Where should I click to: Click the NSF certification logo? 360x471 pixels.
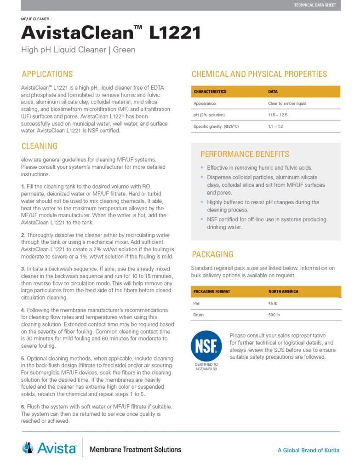(206, 346)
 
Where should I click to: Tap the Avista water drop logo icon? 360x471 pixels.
(28, 447)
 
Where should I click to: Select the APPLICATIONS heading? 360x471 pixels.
(47, 74)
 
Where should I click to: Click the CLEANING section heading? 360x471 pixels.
(40, 146)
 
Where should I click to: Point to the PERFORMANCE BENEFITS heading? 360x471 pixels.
(245, 154)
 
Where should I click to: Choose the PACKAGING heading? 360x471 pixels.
(212, 254)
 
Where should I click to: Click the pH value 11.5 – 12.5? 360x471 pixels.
(278, 115)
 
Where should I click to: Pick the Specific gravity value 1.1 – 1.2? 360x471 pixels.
(276, 126)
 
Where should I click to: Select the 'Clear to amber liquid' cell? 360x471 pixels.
(287, 103)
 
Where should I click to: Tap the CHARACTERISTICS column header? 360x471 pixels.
(210, 92)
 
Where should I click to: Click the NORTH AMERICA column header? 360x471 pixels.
(283, 291)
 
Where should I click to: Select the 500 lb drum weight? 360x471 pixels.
(274, 315)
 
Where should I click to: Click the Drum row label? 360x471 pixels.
(199, 315)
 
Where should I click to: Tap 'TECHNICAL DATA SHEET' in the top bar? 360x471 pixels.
(315, 5)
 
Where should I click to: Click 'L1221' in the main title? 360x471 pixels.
(175, 33)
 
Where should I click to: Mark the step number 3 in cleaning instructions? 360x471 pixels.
(23, 269)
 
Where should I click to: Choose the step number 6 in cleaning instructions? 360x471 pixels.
(23, 407)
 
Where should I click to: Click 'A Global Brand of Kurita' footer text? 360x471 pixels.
(308, 450)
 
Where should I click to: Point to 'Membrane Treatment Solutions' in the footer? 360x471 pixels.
(135, 449)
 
